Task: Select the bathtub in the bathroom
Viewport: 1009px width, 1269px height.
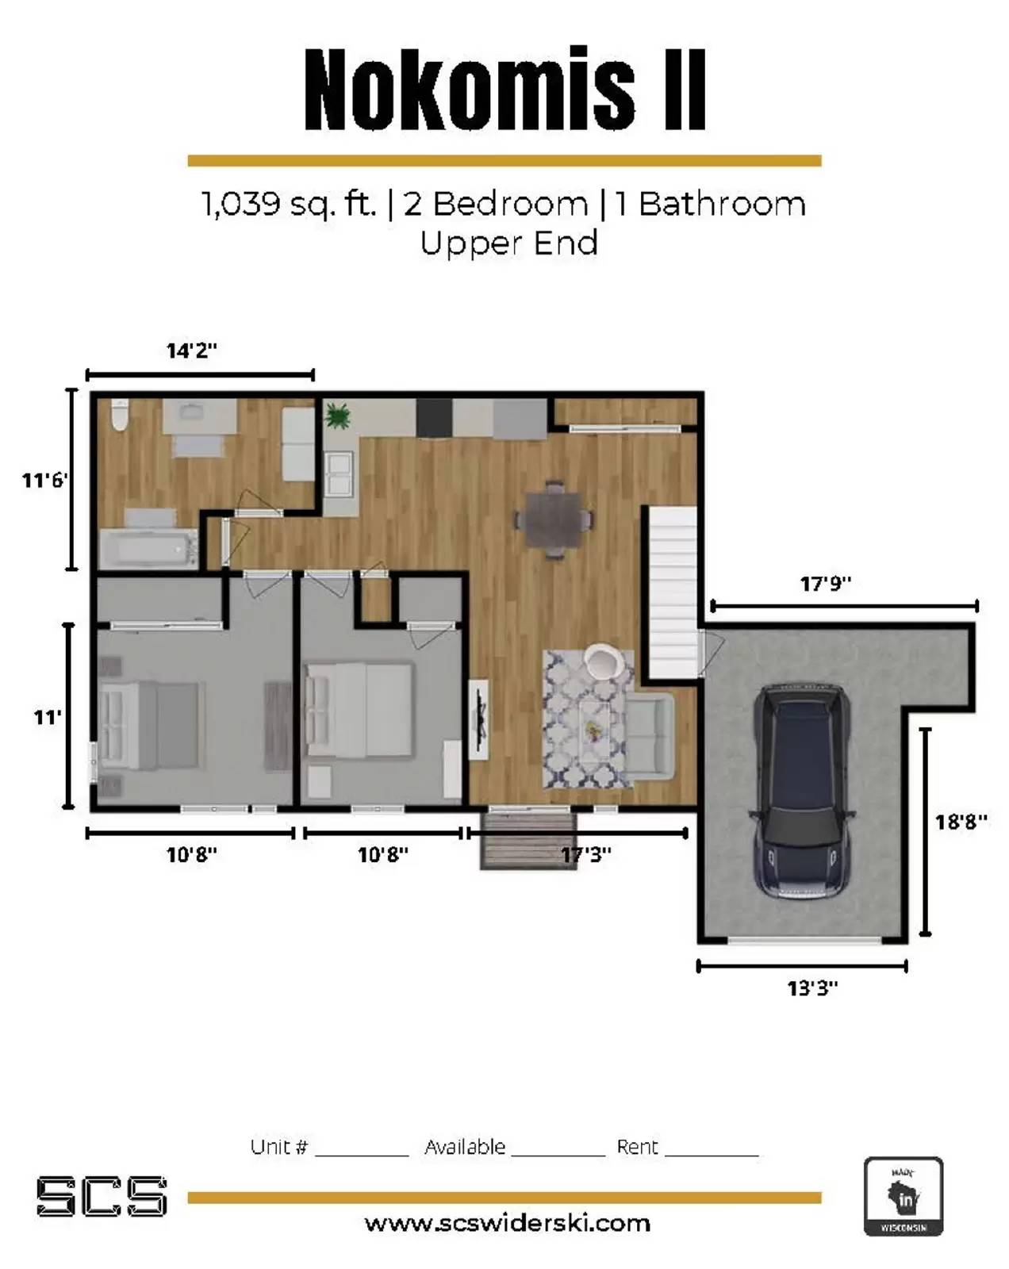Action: coord(148,548)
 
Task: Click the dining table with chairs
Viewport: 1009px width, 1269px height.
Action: coord(553,519)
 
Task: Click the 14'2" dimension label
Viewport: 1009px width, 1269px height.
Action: coord(192,351)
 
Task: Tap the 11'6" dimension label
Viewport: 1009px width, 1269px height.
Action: coord(45,480)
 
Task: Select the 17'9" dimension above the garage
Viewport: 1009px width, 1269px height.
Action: coord(826,584)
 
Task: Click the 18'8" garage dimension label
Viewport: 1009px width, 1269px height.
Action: coord(961,822)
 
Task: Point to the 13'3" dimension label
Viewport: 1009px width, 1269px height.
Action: coord(812,987)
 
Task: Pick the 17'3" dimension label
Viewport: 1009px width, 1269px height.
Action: coord(585,854)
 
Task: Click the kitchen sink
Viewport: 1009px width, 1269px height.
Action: coord(340,473)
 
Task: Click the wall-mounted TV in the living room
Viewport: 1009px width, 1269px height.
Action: coord(479,719)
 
